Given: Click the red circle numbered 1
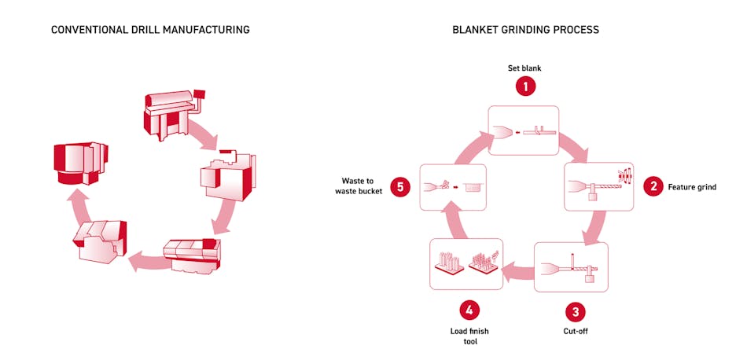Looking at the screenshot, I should [x=525, y=86].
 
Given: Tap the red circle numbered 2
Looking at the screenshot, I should [x=652, y=187].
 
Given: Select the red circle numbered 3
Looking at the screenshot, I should [x=576, y=312].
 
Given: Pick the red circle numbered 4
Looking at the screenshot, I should [x=469, y=310].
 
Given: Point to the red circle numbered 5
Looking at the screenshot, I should [x=400, y=187].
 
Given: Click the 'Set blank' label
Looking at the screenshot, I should [x=525, y=68].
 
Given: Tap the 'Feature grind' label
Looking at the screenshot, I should [x=692, y=187].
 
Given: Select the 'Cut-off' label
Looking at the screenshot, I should [x=576, y=331].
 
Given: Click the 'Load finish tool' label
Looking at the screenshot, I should [x=469, y=336].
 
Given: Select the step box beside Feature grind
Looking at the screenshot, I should [x=598, y=187].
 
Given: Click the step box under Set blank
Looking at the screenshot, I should [x=524, y=129].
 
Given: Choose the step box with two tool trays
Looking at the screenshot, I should [x=466, y=264].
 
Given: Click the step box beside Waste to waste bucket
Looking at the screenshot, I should [x=453, y=187].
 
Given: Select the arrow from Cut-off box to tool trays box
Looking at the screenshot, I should [x=519, y=273].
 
